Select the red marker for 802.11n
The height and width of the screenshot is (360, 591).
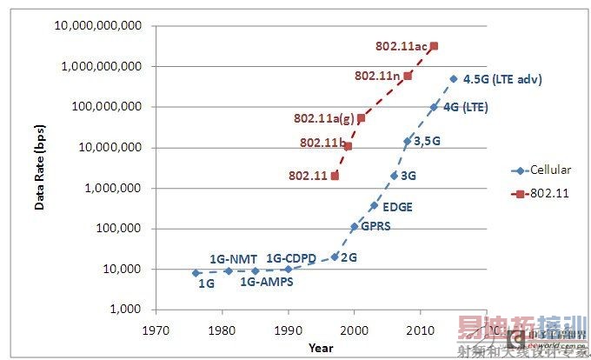click(x=408, y=76)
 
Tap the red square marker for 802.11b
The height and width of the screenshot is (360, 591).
click(x=348, y=146)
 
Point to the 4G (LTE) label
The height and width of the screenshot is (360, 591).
click(x=466, y=108)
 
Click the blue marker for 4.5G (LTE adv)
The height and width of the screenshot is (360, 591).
click(x=454, y=78)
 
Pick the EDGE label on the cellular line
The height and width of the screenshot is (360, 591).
click(x=396, y=207)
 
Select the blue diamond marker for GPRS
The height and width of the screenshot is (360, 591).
click(x=355, y=226)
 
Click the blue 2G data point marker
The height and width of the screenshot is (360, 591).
click(x=335, y=257)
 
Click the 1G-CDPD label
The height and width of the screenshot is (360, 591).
click(x=291, y=258)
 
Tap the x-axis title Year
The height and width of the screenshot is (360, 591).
click(x=319, y=348)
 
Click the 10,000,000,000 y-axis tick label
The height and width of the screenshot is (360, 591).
click(x=99, y=25)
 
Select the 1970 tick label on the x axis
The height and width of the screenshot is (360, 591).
click(x=156, y=331)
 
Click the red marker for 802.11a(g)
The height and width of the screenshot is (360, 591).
click(x=361, y=118)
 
